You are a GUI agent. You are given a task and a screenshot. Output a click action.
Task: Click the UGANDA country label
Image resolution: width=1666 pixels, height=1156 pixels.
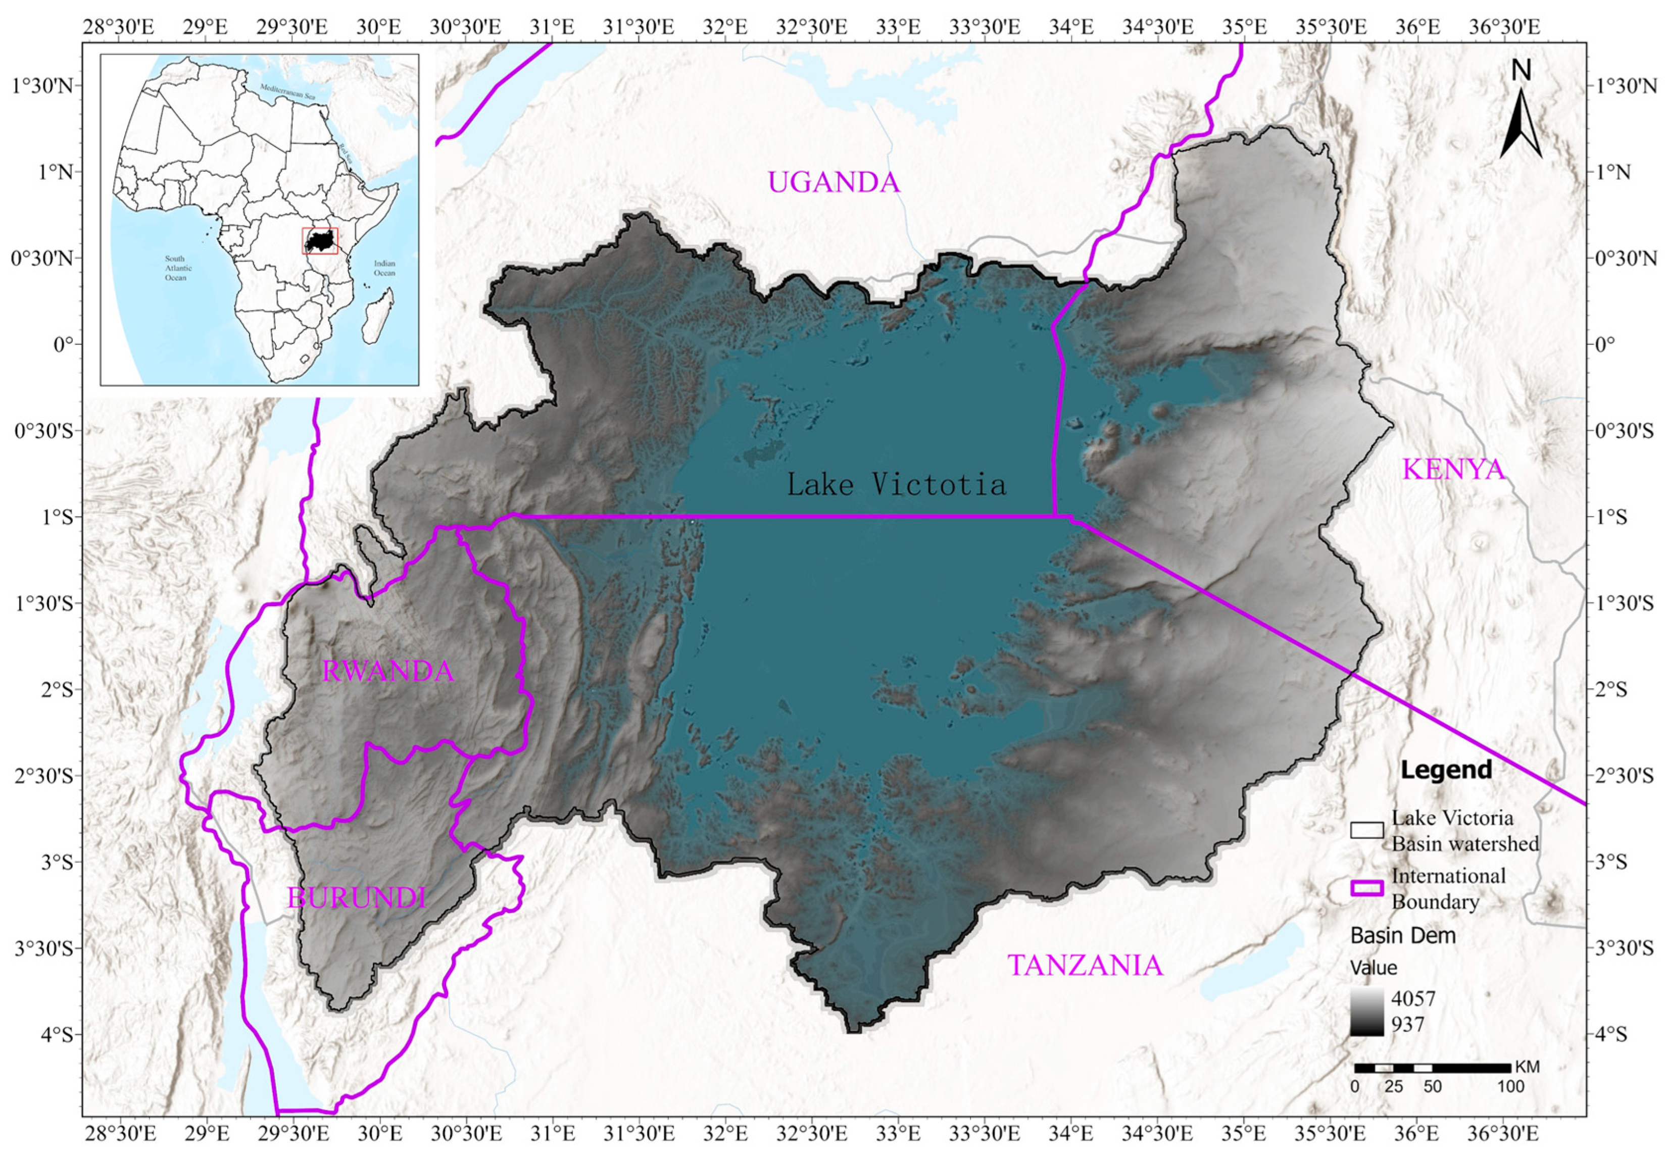pos(833,182)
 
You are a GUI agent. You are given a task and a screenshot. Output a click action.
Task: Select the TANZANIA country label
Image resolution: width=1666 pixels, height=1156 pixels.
pos(1085,966)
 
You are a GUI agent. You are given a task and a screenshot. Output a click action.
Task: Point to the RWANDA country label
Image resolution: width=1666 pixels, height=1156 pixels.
pos(387,672)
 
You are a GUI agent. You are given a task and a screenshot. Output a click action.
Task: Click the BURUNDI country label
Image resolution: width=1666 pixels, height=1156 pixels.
pos(356,898)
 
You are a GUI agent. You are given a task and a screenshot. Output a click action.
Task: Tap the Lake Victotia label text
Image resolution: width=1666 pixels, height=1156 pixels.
pos(896,484)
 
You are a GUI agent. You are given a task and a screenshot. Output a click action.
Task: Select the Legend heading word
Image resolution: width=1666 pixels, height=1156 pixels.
pos(1446,770)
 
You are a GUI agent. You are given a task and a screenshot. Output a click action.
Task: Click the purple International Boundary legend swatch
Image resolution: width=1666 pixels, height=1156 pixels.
pos(1367,889)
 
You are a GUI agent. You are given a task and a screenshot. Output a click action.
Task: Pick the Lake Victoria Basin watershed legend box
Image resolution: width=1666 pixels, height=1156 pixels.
pos(1367,830)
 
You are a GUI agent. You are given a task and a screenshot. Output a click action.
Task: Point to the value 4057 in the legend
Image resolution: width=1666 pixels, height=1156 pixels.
pos(1412,999)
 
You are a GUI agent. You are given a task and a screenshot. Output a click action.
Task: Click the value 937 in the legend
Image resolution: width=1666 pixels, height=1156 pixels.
pos(1407,1024)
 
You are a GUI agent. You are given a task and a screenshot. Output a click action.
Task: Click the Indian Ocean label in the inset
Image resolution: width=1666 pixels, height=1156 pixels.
pos(384,268)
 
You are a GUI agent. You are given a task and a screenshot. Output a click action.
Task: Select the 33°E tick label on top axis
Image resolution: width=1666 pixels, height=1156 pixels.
pos(898,27)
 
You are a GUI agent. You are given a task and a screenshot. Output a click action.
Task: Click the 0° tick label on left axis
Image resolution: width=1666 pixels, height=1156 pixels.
pos(64,344)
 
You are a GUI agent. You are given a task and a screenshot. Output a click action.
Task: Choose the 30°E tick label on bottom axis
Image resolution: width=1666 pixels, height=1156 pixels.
pos(379,1131)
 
